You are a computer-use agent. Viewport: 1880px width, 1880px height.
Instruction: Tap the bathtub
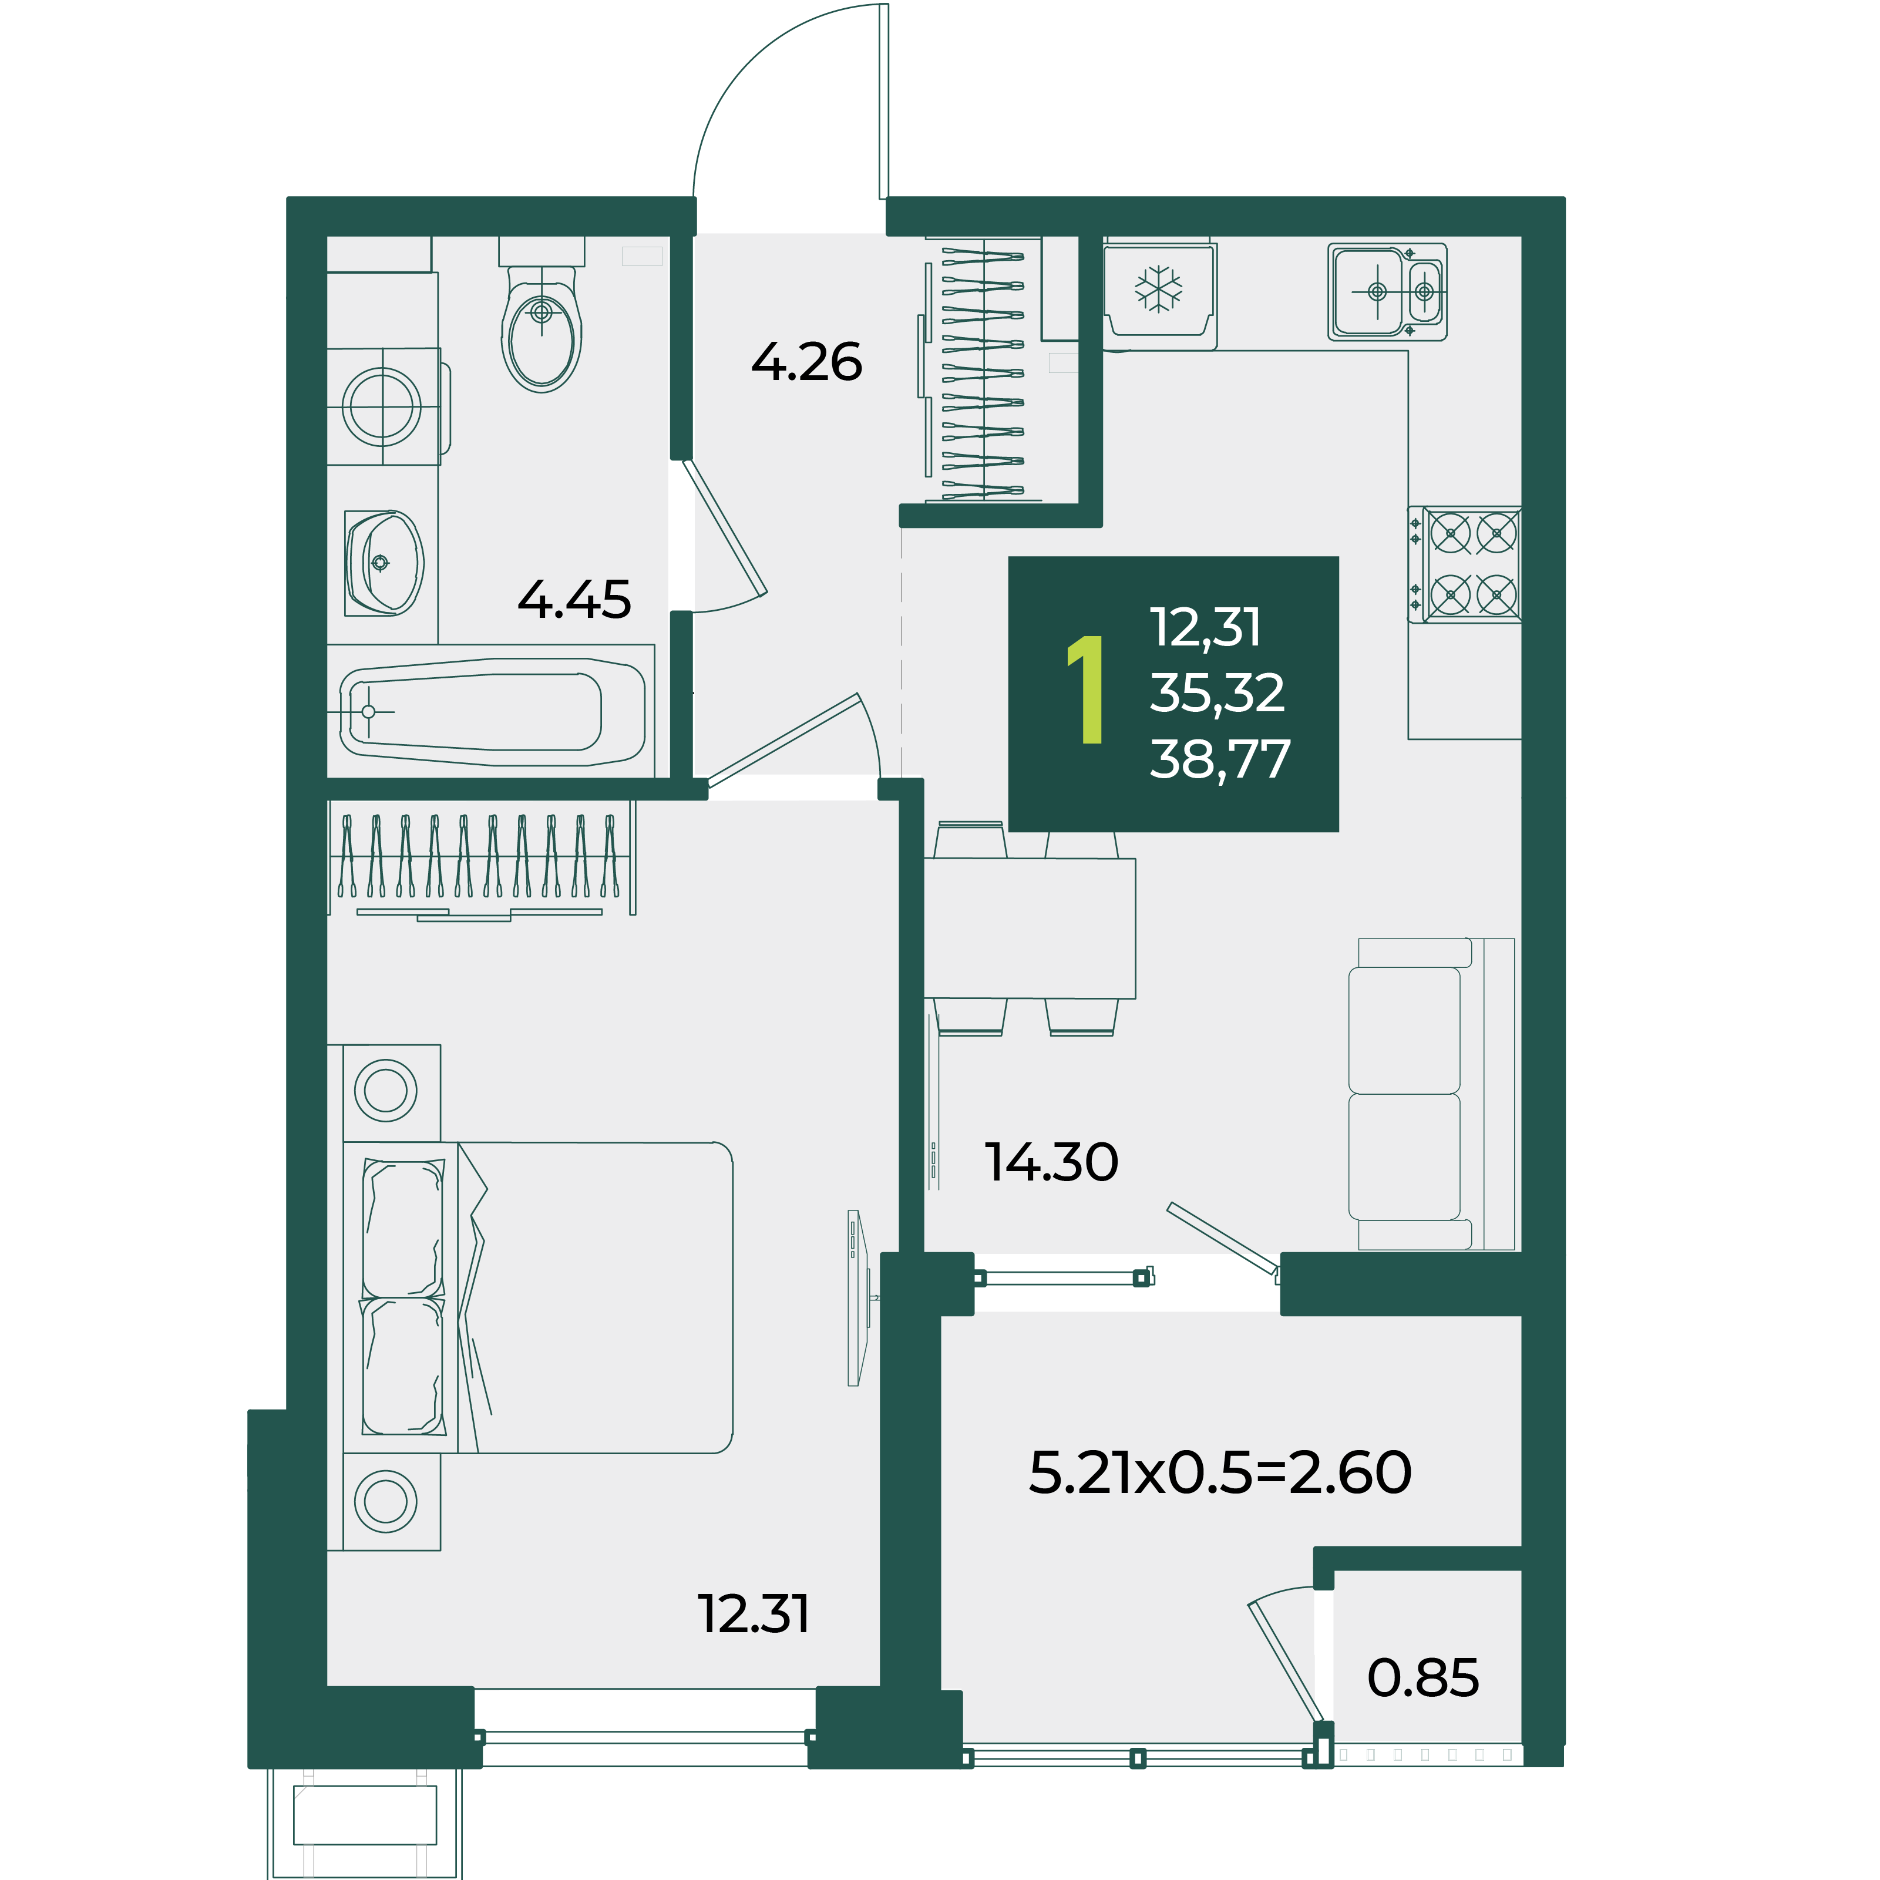coord(492,711)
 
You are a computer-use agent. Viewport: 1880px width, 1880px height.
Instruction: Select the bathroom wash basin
coord(384,563)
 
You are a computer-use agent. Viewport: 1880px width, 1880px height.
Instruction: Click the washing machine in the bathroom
coord(384,406)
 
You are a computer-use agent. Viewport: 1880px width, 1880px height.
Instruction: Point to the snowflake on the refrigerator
coord(1158,289)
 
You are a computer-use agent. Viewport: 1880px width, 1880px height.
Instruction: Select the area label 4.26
coord(807,362)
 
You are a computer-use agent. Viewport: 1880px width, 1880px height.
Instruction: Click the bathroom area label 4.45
coord(574,600)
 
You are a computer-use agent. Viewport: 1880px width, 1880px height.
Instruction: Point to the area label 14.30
coord(1052,1162)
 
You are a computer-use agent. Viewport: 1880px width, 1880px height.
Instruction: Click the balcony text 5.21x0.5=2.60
coord(1220,1472)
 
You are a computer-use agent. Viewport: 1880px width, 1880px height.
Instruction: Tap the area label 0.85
coord(1422,1677)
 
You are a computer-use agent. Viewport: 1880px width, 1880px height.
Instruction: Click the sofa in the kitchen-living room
coord(1431,1094)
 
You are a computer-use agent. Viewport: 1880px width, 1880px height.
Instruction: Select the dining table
coord(1030,929)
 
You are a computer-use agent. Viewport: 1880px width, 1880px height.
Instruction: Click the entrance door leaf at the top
coord(883,101)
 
